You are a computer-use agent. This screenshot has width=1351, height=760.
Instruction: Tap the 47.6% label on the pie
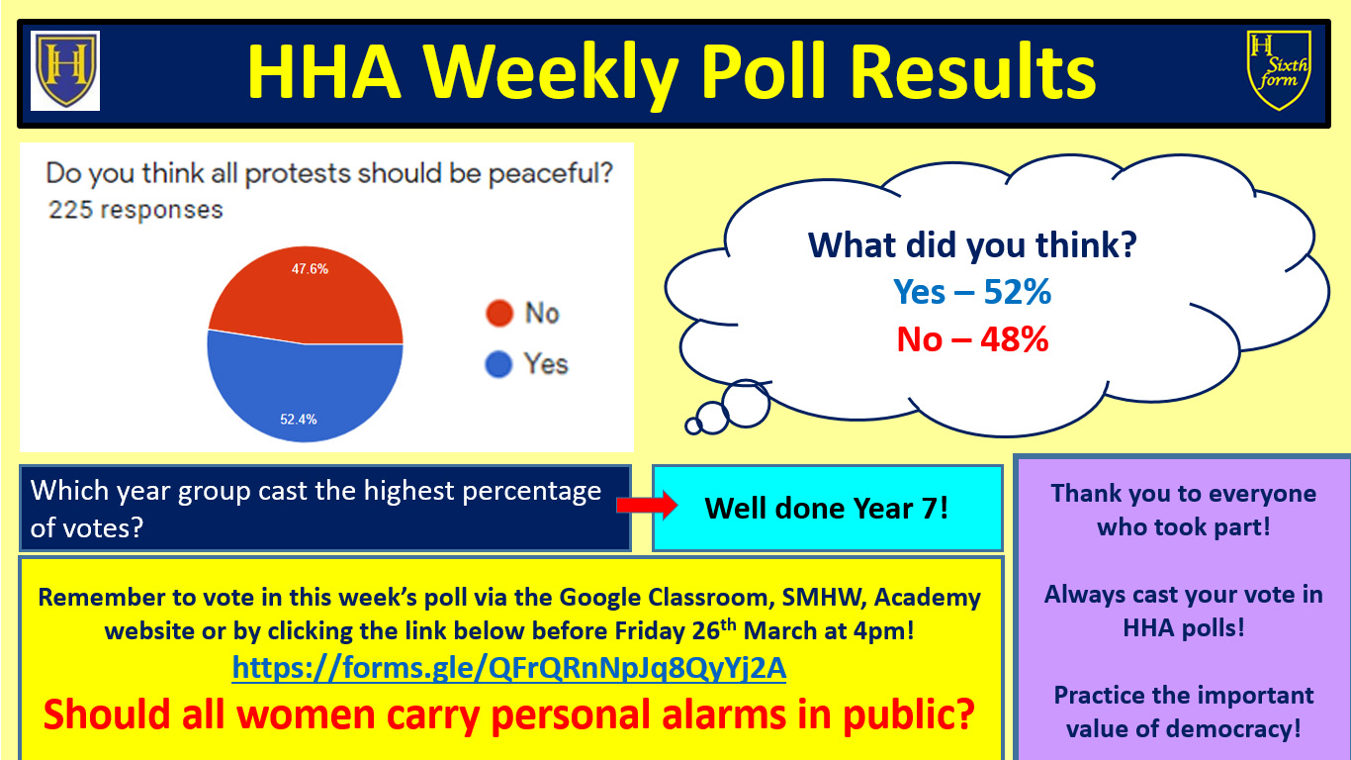[x=310, y=269]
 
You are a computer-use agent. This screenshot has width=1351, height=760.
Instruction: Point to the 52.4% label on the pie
[x=299, y=420]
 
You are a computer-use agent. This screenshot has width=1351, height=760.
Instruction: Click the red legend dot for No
[x=499, y=314]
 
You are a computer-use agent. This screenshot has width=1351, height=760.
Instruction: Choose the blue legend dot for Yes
[x=498, y=364]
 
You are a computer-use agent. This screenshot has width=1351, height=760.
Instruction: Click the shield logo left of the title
[x=65, y=70]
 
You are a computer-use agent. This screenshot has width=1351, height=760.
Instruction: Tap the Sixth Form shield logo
[x=1279, y=70]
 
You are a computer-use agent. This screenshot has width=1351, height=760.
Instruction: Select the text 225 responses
[x=135, y=210]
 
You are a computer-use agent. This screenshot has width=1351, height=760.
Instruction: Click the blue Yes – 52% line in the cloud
[x=972, y=292]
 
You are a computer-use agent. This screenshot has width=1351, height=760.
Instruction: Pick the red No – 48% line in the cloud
[x=972, y=339]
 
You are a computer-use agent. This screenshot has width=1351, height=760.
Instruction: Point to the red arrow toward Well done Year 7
[x=647, y=506]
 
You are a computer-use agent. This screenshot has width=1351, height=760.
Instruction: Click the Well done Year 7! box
[x=828, y=509]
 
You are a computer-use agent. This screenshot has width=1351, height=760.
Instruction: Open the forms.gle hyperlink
[x=509, y=668]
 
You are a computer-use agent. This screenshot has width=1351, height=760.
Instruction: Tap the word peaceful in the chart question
[x=550, y=174]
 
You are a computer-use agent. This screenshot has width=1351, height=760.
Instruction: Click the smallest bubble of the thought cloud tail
[x=693, y=427]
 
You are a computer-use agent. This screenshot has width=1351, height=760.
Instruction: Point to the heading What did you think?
[x=972, y=245]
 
